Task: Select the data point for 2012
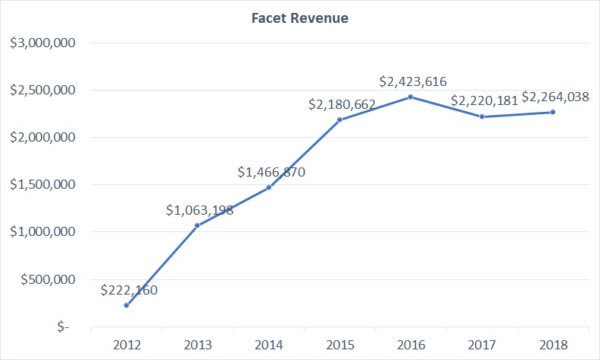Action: point(126,305)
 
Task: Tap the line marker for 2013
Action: point(197,225)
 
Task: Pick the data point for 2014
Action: point(269,187)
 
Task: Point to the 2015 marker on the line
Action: point(340,119)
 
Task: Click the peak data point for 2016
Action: point(410,97)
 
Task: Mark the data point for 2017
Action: point(482,116)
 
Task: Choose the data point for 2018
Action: point(553,112)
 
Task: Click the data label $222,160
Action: point(129,290)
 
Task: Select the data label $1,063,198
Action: point(200,210)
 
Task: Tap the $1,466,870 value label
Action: point(271,172)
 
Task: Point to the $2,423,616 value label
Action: point(413,81)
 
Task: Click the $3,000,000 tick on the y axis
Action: point(42,43)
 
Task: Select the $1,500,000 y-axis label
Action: point(42,185)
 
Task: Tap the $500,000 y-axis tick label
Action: point(47,279)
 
